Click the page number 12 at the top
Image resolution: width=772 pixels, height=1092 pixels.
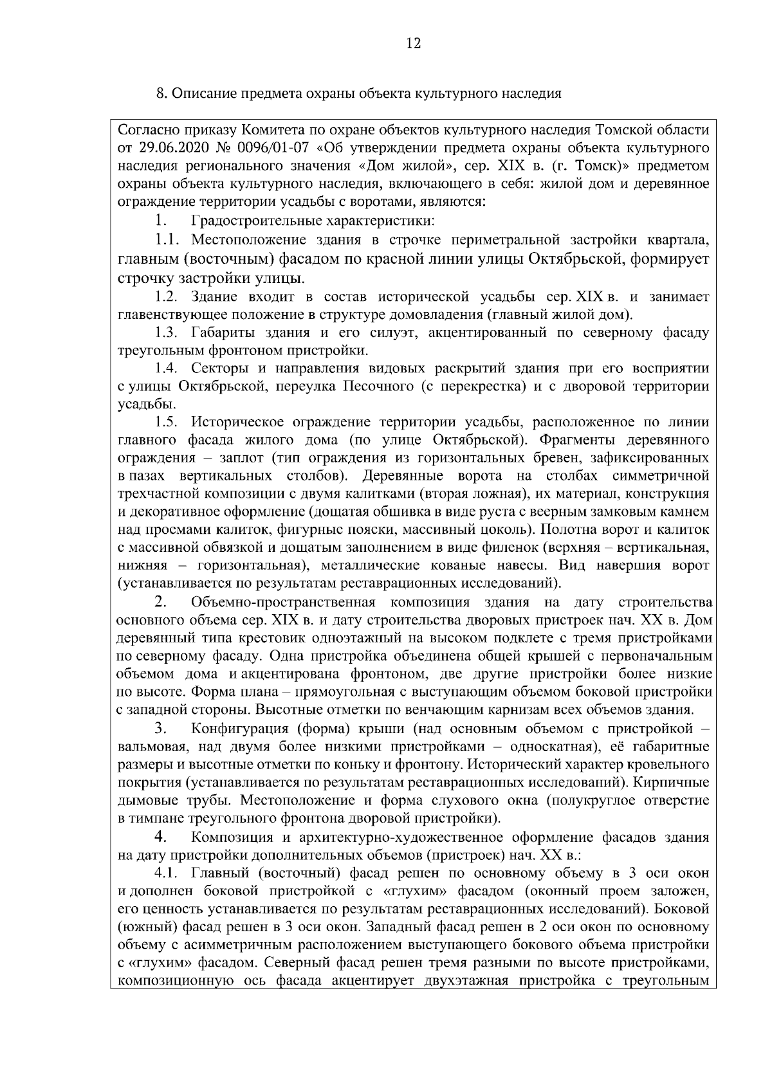coord(413,44)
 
